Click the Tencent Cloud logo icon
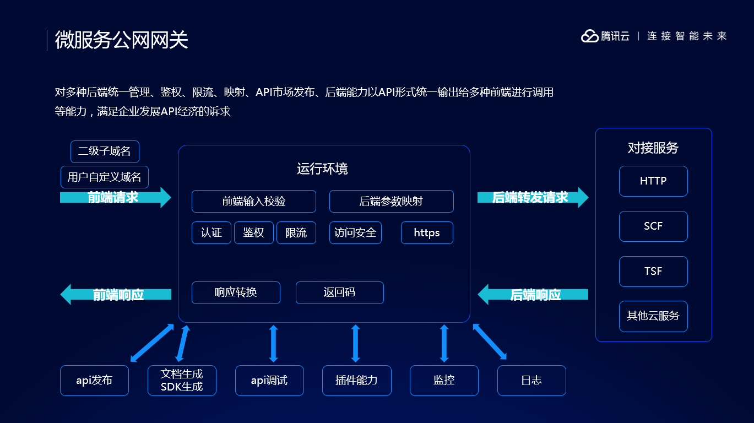pyautogui.click(x=589, y=36)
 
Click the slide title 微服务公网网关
pyautogui.click(x=121, y=40)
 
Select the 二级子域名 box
pyautogui.click(x=105, y=151)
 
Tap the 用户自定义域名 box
pyautogui.click(x=104, y=177)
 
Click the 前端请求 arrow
pyautogui.click(x=115, y=197)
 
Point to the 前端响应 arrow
pyautogui.click(x=116, y=295)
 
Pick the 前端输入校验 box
pyautogui.click(x=253, y=201)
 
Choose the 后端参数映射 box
pyautogui.click(x=391, y=201)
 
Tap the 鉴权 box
pyautogui.click(x=253, y=232)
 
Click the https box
pyautogui.click(x=427, y=232)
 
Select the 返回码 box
pyautogui.click(x=339, y=292)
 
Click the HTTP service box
pyautogui.click(x=653, y=181)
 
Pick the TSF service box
pyautogui.click(x=653, y=271)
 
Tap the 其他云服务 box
pyautogui.click(x=653, y=316)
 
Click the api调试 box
pyautogui.click(x=269, y=380)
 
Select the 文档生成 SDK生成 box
pyautogui.click(x=182, y=380)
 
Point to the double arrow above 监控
pyautogui.click(x=444, y=343)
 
